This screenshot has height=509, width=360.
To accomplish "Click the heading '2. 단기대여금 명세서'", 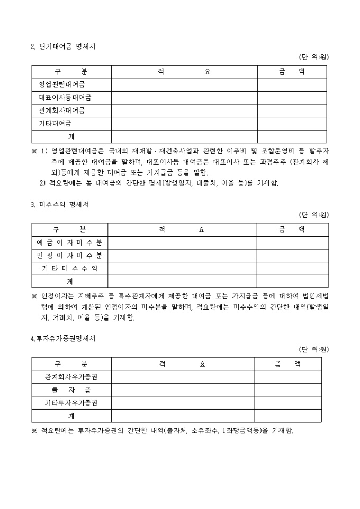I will coord(63,47).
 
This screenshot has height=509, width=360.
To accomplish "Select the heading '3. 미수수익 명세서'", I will coord(59,205).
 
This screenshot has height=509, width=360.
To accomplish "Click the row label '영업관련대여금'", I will coord(62,85).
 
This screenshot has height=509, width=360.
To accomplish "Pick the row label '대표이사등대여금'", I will coord(65,98).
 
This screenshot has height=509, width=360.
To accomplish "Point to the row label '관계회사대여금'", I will coord(62,111).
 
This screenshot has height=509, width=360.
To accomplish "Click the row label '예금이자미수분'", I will coord(69,243).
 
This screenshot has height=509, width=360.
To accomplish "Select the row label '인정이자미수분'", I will coord(69,256).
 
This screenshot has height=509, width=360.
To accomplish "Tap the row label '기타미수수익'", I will coord(69,269).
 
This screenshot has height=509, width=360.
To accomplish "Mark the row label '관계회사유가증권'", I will coord(71,377).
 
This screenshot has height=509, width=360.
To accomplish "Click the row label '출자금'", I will coord(71,390).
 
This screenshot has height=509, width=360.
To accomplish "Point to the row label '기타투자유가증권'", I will coord(71,403).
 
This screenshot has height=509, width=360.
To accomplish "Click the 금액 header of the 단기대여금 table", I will coord(292,71).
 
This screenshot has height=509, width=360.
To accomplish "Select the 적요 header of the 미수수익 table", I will coord(182,230).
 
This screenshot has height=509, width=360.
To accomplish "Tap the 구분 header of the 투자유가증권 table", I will coord(71,364).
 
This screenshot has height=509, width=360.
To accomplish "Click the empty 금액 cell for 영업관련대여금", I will coord(292,85).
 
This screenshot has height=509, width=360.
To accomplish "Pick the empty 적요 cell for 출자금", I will coord(182,390).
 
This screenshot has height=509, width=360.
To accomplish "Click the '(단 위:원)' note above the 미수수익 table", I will coord(314,215).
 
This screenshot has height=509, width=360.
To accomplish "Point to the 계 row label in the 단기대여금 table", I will coord(71,137).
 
